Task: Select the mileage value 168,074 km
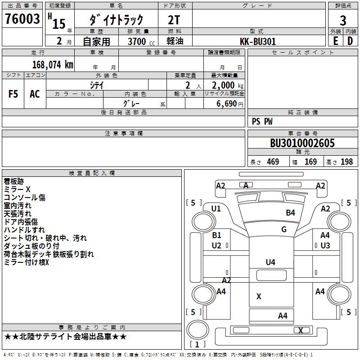pos(52,65)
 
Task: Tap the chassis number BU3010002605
pos(302,143)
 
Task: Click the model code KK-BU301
pos(258,41)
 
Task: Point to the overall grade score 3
pos(343,20)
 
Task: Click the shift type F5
pos(13,94)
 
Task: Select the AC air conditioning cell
pos(35,94)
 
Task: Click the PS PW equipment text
pos(262,121)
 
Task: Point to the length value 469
pos(273,162)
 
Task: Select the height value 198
pos(347,162)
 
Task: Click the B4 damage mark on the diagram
pos(290,212)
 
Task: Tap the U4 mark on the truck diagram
pos(270,262)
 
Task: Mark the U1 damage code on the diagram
pos(216,208)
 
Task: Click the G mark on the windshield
pos(284,229)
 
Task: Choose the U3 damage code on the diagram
pos(325,246)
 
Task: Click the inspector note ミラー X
pos(17,189)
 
